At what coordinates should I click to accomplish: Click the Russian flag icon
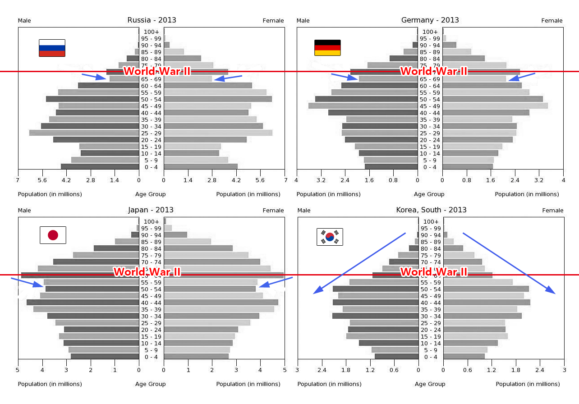pos(52,48)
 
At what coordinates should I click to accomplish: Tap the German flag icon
pos(327,48)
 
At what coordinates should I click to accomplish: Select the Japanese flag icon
pos(53,235)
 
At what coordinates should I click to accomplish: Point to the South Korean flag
pos(330,237)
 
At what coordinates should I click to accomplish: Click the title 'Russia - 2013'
pos(152,20)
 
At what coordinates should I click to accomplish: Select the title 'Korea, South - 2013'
pos(431,210)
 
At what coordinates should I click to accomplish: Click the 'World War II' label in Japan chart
pos(147,272)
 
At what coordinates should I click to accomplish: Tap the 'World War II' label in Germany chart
pos(434,71)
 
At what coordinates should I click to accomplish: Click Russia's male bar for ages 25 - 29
pos(84,133)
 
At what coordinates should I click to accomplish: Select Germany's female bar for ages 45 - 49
pos(495,106)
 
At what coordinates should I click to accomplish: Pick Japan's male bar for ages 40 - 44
pos(83,303)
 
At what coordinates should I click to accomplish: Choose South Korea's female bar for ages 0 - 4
pos(464,357)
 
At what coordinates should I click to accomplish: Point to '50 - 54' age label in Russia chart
pos(151,99)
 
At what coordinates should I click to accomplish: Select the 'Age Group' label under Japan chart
pos(151,384)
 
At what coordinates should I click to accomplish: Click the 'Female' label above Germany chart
pos(552,21)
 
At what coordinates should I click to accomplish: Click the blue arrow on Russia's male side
pos(95,77)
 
